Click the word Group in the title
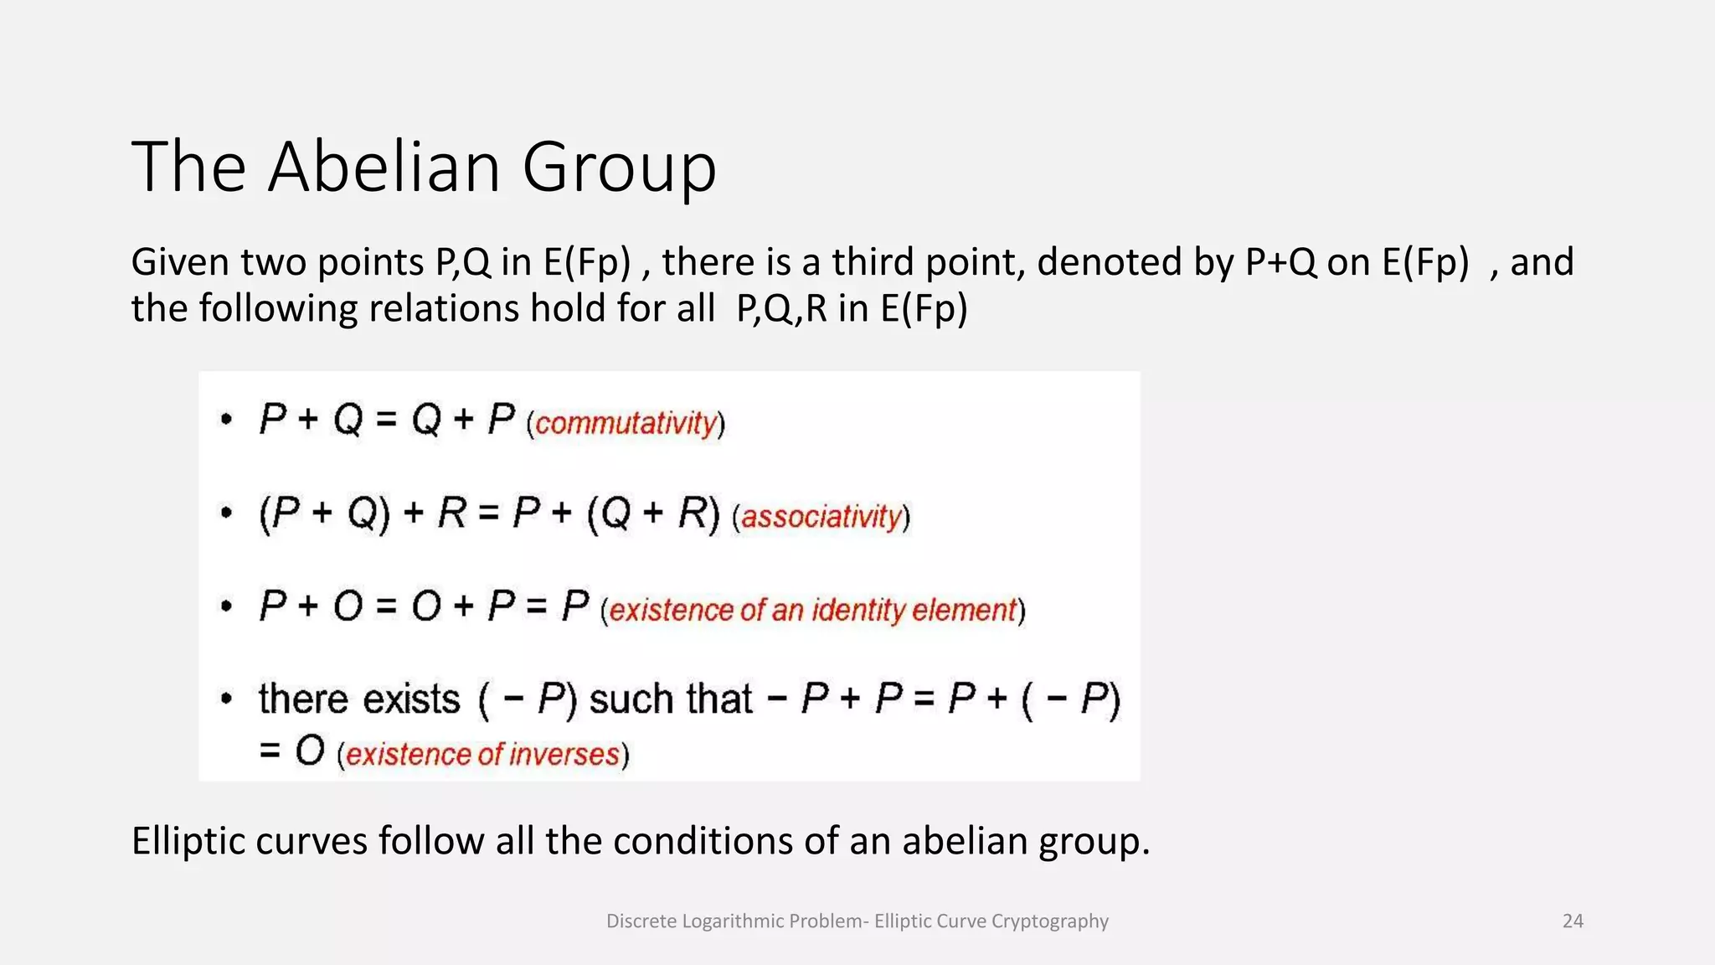tap(619, 168)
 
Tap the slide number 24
tap(1573, 921)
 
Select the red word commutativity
tap(626, 423)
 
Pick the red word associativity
tap(821, 516)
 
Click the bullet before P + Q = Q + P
tap(226, 418)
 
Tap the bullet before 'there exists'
tap(226, 699)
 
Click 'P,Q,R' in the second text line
tap(781, 308)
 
